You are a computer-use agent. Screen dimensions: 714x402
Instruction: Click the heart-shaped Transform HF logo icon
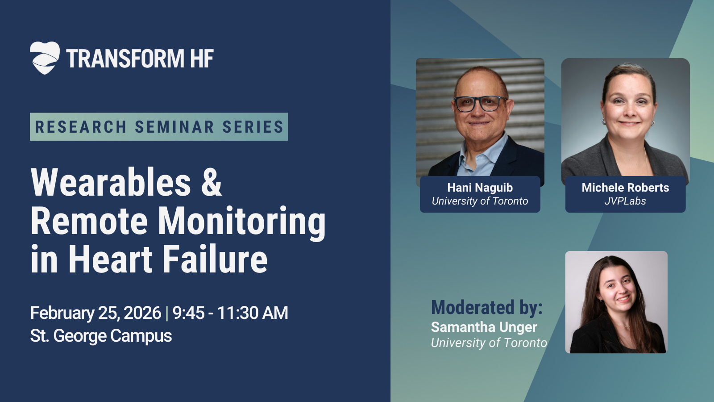(45, 58)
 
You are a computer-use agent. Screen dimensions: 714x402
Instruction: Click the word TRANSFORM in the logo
(125, 59)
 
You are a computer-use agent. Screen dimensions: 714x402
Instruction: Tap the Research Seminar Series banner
(159, 127)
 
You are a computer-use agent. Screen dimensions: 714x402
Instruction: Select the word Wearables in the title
(111, 182)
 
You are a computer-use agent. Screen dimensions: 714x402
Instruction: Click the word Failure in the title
(216, 259)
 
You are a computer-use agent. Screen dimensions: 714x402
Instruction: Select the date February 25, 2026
(95, 313)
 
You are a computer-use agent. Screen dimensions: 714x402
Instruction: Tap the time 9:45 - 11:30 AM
(230, 313)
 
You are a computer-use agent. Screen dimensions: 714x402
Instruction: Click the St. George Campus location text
(101, 335)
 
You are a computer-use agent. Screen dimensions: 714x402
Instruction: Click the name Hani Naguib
(480, 188)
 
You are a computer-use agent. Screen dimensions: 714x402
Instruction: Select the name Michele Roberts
(625, 188)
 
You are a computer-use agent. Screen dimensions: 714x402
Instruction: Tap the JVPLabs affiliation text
(625, 201)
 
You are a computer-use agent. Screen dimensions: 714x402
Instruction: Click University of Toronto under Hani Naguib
(480, 201)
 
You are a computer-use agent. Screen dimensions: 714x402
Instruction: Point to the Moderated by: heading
(487, 308)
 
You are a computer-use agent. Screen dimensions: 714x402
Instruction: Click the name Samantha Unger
(484, 327)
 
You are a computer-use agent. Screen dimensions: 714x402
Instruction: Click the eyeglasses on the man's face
(480, 103)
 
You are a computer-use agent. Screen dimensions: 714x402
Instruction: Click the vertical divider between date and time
(167, 313)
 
